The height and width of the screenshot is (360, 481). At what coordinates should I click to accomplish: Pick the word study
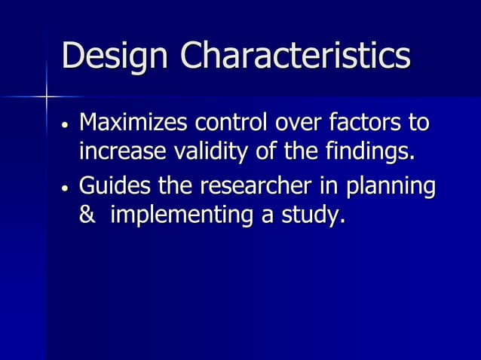pyautogui.click(x=313, y=215)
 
